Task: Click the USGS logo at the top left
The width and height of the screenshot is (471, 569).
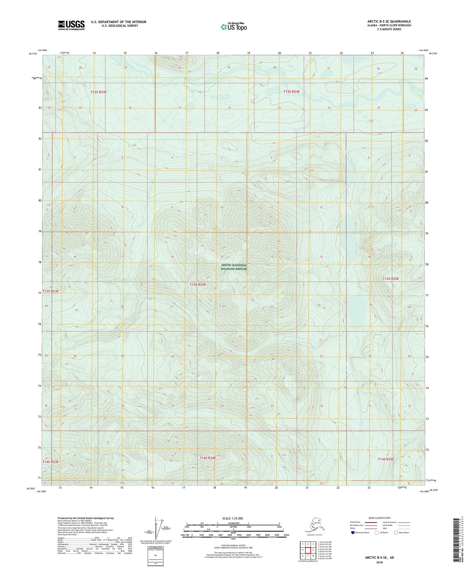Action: tap(71, 25)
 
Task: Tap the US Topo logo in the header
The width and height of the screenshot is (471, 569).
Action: tap(233, 27)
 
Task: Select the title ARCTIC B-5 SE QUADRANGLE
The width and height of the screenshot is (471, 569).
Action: tap(389, 22)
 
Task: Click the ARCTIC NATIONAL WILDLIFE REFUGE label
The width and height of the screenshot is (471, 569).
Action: tap(234, 267)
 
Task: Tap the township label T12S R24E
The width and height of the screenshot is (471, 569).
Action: tap(291, 92)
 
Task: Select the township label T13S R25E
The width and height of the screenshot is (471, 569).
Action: tap(390, 279)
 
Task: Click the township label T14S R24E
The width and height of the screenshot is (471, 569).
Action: tap(207, 458)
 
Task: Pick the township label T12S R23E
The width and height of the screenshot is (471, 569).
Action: tap(98, 92)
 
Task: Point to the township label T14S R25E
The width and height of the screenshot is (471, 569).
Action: tap(386, 459)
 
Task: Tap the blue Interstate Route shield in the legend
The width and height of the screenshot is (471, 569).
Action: tap(353, 533)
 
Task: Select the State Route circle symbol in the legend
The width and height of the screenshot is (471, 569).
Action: tap(396, 533)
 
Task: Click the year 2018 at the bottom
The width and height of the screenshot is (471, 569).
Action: tap(379, 562)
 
